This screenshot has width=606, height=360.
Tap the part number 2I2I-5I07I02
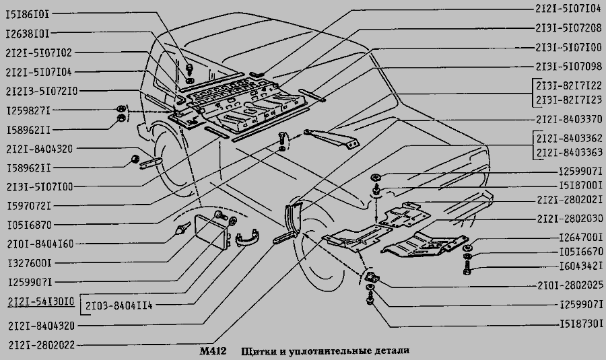coord(38,52)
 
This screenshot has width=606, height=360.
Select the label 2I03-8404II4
coord(119,305)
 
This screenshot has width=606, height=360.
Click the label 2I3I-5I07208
coord(568,29)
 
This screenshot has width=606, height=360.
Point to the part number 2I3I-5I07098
coord(568,67)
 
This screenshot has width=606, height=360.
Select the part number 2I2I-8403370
coord(570,119)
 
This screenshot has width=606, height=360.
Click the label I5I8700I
coord(581,184)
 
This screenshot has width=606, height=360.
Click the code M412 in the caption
coord(213,352)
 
